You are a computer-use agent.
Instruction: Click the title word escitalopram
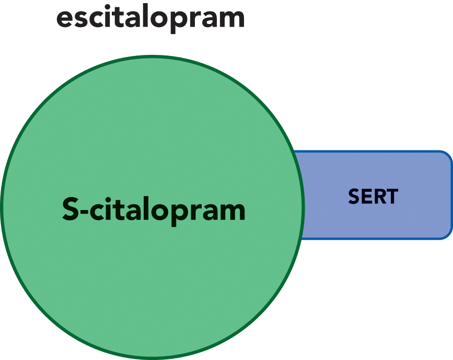click(150, 18)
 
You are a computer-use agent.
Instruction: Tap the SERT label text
click(373, 196)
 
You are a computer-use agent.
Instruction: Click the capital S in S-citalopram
click(71, 208)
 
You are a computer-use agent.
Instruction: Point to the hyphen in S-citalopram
click(84, 212)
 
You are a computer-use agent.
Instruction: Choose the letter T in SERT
click(392, 196)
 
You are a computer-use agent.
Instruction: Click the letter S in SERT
click(354, 196)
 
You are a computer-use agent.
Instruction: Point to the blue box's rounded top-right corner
click(447, 155)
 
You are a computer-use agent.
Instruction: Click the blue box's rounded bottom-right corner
click(447, 235)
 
